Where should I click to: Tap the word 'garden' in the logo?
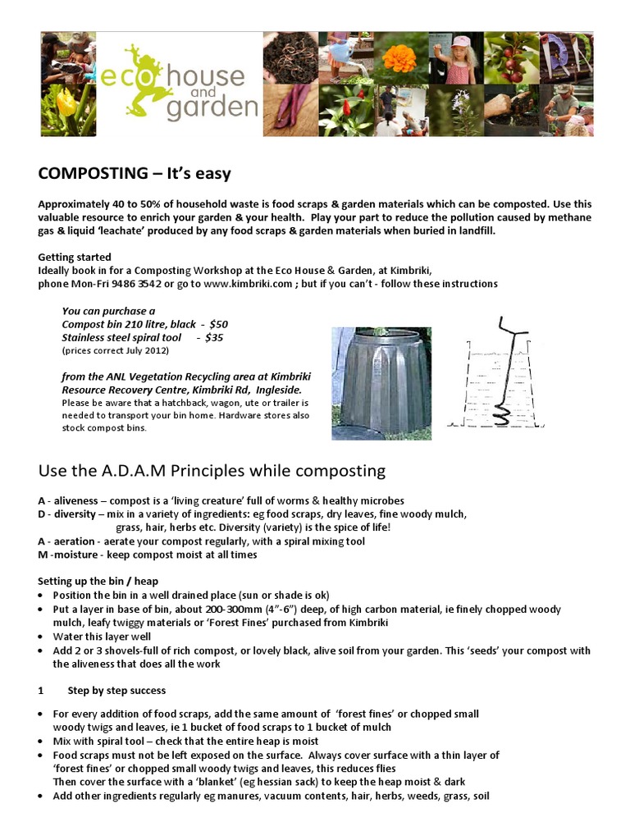tap(212, 107)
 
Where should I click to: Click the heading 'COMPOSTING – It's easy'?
tap(135, 174)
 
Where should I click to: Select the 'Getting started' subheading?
tap(75, 257)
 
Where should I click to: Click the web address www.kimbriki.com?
tap(248, 284)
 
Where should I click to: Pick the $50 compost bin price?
tap(218, 324)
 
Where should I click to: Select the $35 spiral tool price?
tap(213, 337)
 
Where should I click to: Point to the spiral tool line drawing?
tap(501, 373)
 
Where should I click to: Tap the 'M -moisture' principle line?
tap(148, 555)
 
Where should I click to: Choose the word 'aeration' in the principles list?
tap(75, 541)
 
